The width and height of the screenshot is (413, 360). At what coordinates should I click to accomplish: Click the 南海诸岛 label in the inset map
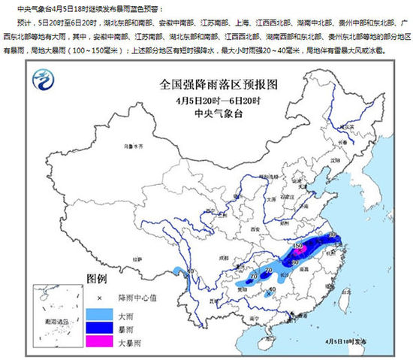[47, 343]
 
